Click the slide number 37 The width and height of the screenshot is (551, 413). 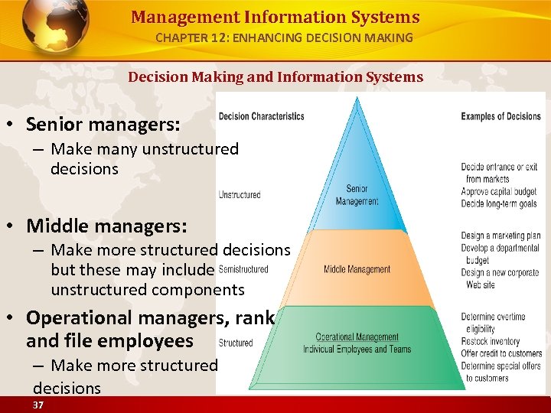38,404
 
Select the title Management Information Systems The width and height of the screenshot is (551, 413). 275,17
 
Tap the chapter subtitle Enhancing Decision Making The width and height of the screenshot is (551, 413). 284,37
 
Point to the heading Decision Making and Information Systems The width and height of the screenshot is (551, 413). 275,76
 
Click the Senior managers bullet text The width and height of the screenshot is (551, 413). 103,123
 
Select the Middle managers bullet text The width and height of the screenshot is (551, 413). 106,226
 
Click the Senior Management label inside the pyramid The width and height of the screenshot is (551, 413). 357,195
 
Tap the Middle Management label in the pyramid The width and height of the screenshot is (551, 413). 357,269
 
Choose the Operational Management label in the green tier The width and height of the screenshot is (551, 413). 357,337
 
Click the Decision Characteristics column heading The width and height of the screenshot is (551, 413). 261,116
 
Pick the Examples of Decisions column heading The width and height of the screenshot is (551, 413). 500,116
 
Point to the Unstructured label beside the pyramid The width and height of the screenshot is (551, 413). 240,195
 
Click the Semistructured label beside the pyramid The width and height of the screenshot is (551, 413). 243,269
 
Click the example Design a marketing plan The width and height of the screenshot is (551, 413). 501,236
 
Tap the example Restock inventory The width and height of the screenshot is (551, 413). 491,341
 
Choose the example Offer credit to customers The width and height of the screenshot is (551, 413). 501,353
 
